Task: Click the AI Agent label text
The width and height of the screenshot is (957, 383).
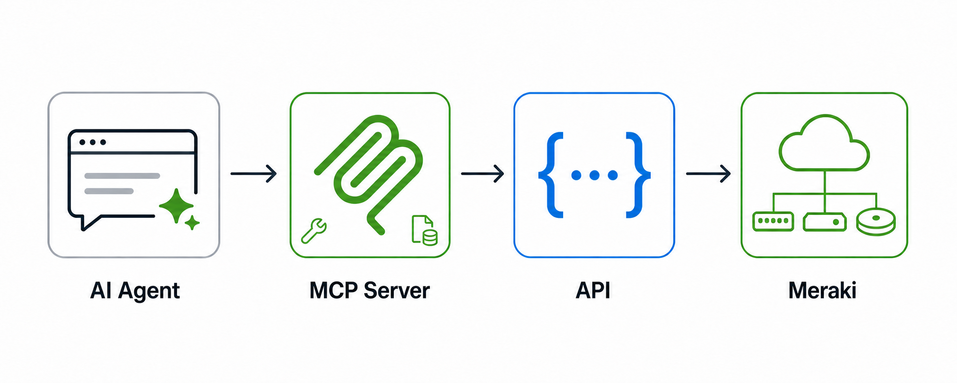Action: point(135,291)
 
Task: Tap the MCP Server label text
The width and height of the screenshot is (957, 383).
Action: point(369,291)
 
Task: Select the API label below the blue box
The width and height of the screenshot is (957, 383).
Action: point(593,291)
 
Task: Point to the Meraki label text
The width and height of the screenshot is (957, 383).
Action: point(822,291)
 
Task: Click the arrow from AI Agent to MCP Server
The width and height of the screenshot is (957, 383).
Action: point(253,173)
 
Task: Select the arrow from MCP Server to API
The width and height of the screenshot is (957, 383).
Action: point(483,173)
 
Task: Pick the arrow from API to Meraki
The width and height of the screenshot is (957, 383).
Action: point(708,173)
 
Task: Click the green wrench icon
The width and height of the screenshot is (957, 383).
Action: point(314,230)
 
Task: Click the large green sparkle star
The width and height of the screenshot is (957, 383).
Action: point(176,206)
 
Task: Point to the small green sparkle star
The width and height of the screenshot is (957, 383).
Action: point(192,223)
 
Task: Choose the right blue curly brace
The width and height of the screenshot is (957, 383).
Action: point(638,175)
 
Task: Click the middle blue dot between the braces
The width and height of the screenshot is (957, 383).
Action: point(595,175)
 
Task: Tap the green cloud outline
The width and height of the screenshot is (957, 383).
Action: point(824,143)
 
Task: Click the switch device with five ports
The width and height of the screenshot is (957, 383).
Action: point(773,221)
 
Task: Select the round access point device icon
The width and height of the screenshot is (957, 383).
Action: point(876,222)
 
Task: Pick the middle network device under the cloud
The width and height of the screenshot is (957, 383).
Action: point(824,222)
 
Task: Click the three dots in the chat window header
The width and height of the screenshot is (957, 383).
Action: point(93,142)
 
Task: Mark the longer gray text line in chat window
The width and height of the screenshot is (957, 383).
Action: point(122,176)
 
